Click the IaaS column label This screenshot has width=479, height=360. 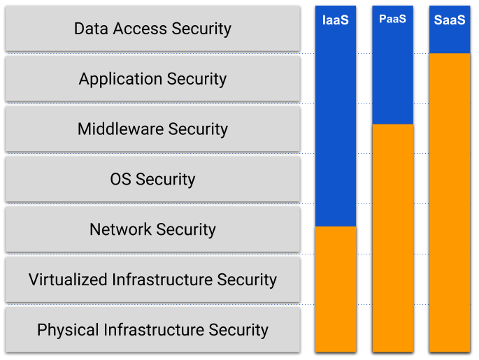tap(335, 20)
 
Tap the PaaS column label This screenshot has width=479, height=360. tap(392, 19)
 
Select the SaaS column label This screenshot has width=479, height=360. tap(449, 20)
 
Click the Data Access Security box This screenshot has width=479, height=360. tap(152, 29)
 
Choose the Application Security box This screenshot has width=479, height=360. tap(152, 78)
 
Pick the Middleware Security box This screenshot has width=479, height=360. tap(152, 129)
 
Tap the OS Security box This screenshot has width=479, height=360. tap(152, 179)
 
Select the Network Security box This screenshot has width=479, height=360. tap(152, 229)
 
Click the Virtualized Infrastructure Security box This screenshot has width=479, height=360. tap(152, 280)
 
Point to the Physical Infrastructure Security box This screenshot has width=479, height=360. tap(152, 329)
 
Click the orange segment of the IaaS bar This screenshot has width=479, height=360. tap(336, 288)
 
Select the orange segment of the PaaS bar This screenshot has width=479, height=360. tap(392, 238)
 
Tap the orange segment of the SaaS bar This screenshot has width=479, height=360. tap(449, 203)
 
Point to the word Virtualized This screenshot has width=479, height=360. tap(68, 280)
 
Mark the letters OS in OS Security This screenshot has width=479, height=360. tap(120, 179)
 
